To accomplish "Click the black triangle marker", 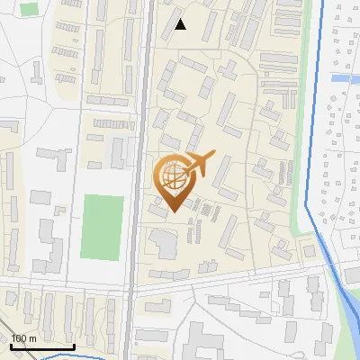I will (181, 24).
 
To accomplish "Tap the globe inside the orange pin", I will (172, 176).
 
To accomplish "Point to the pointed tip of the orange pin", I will (172, 212).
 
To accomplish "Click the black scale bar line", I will (41, 346).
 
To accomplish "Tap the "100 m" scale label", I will (23, 337).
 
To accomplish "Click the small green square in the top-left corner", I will (30, 10).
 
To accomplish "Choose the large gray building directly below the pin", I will (164, 241).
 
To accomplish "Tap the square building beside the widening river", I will (309, 251).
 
